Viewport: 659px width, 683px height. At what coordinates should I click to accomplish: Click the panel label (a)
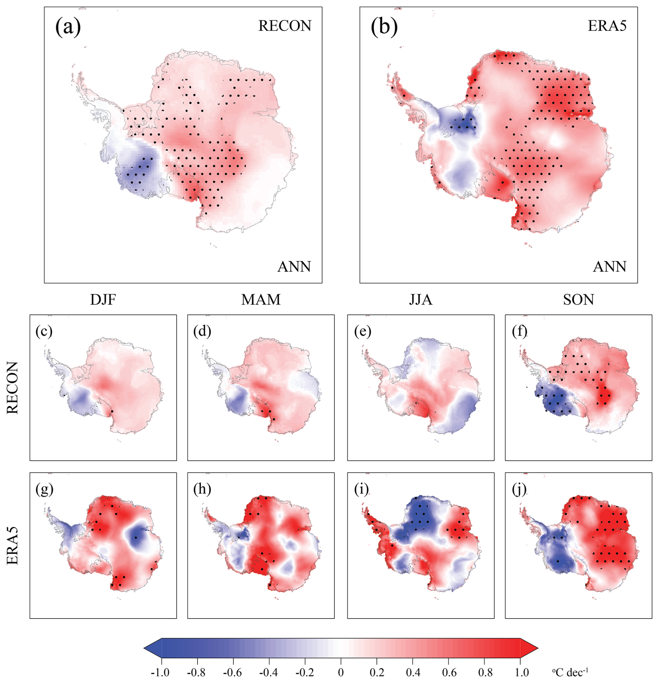[68, 27]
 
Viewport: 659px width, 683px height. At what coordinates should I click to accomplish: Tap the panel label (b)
[384, 27]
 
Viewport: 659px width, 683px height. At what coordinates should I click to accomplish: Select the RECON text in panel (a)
[285, 26]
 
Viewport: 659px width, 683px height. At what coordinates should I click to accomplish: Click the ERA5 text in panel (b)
[607, 26]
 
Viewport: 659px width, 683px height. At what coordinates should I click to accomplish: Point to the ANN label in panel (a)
[294, 267]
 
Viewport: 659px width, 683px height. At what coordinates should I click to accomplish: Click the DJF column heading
[103, 300]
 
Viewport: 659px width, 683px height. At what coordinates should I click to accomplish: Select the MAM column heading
[261, 300]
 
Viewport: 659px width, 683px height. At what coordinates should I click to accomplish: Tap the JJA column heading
[420, 300]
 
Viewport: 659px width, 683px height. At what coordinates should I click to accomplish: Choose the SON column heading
[579, 300]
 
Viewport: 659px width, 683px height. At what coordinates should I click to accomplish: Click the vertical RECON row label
[12, 387]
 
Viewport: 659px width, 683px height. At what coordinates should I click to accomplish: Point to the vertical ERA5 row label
[12, 545]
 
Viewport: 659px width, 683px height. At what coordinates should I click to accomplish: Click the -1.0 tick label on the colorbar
[160, 672]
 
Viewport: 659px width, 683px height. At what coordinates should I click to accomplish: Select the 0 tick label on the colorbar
[341, 672]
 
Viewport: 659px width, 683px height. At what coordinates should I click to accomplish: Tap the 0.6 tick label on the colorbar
[448, 672]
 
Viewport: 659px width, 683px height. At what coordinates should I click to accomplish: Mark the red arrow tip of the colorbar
[538, 648]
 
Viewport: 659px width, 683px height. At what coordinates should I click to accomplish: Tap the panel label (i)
[362, 490]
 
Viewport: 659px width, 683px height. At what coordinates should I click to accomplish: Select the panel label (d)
[202, 332]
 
